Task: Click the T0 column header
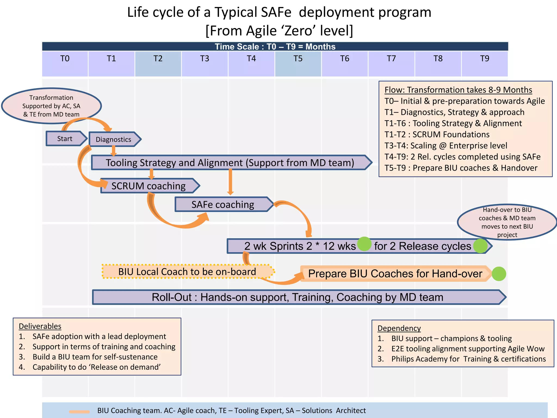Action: (65, 64)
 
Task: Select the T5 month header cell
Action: (298, 64)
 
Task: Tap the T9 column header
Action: (485, 64)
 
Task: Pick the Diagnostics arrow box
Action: (114, 139)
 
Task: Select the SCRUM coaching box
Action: (148, 186)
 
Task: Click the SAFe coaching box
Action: (223, 204)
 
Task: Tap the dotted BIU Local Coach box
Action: (187, 272)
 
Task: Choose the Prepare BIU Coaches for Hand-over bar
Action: (395, 273)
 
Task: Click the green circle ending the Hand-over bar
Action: (499, 274)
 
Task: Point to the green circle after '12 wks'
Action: (364, 244)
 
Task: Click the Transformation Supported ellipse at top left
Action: (51, 106)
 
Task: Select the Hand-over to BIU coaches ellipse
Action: (507, 222)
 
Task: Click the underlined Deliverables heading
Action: (40, 326)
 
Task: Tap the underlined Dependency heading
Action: (399, 328)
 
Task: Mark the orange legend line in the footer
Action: (79, 412)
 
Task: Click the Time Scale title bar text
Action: (275, 47)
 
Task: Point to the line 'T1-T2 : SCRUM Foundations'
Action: (437, 134)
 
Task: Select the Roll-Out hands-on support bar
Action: (298, 297)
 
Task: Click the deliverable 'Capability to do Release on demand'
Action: (97, 367)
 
